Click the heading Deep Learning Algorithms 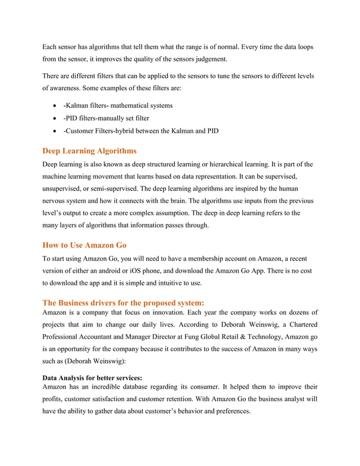[90, 151]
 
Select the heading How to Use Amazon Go [85, 245]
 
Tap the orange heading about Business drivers [119, 302]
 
